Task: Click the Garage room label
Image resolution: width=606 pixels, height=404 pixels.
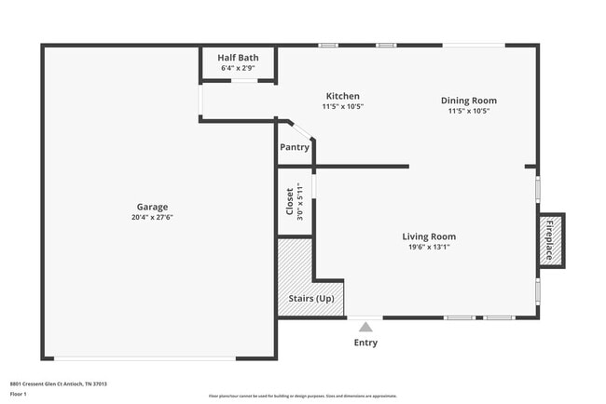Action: click(x=153, y=207)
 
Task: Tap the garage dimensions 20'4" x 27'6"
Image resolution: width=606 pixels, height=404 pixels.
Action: click(x=153, y=217)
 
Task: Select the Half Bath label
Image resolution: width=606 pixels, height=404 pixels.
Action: click(x=239, y=58)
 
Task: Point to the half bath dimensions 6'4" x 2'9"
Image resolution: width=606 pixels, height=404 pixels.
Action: click(x=239, y=68)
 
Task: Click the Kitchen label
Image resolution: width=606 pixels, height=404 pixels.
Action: click(x=342, y=96)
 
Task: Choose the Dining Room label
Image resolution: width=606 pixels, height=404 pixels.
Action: click(x=468, y=101)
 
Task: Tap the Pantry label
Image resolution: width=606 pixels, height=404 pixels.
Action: click(x=295, y=147)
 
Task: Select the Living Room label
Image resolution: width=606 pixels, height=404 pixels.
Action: click(x=429, y=236)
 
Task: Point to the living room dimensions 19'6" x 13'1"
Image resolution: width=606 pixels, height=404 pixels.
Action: click(x=429, y=247)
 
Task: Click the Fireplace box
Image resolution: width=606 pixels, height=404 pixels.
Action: click(x=550, y=240)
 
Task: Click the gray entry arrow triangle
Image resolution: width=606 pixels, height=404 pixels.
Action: click(x=365, y=326)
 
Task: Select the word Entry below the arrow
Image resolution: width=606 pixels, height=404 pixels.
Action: click(x=365, y=343)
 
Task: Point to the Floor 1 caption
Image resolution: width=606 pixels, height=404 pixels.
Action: click(x=19, y=394)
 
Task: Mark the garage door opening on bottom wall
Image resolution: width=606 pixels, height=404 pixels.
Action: click(x=145, y=358)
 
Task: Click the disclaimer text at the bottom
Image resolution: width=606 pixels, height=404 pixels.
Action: click(x=302, y=396)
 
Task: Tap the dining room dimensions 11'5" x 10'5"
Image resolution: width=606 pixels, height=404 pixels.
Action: click(x=468, y=111)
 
